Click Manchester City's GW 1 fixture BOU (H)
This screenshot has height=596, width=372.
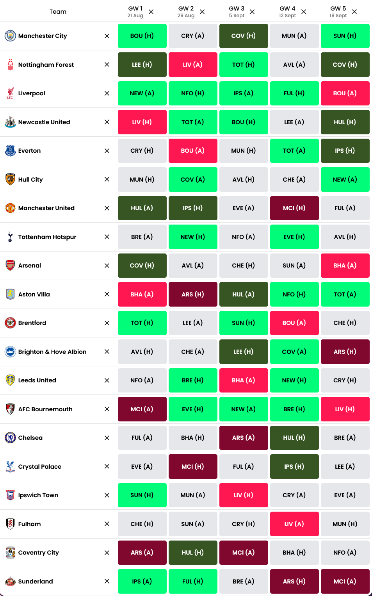point(142,36)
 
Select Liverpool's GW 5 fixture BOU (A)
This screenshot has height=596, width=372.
point(345,93)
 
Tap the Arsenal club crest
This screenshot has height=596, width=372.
point(11,266)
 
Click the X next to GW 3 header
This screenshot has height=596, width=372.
point(252,12)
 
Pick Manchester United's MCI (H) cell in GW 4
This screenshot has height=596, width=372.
point(294,208)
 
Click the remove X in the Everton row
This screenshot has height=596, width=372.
point(107,151)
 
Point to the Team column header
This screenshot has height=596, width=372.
point(58,12)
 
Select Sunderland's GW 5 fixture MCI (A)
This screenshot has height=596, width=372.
point(345,582)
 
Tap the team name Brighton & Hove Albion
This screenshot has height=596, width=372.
point(52,352)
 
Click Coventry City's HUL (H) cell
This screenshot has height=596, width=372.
point(193,553)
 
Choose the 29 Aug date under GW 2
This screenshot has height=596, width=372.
point(186,16)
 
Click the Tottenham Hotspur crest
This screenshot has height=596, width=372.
point(11,237)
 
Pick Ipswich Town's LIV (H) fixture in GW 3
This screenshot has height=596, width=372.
point(244,495)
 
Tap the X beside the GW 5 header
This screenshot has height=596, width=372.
point(354,12)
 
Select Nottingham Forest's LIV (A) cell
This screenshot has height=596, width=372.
point(193,65)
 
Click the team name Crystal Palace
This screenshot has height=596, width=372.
point(40,467)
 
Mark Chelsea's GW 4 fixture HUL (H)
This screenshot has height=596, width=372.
point(294,438)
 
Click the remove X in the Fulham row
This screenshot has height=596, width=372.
point(107,524)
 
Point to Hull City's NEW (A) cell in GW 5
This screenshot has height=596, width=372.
point(345,180)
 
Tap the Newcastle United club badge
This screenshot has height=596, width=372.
point(11,122)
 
